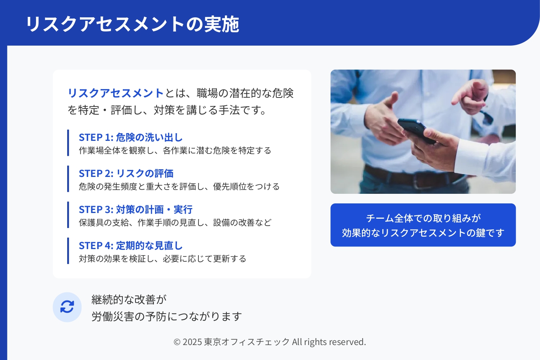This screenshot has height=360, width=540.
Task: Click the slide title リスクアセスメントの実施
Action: [x=132, y=24]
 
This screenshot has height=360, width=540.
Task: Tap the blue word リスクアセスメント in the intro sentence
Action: [x=116, y=93]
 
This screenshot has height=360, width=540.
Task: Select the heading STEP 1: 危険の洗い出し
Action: [x=130, y=137]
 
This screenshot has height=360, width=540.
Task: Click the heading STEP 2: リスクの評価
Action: [x=126, y=173]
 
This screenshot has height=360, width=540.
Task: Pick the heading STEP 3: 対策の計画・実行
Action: [x=135, y=209]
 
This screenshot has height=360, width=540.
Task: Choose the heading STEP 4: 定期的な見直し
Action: [x=130, y=246]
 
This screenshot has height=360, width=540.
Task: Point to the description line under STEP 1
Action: [x=175, y=150]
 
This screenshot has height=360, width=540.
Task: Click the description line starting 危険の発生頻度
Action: [x=179, y=187]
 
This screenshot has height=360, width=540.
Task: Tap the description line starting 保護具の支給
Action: [x=175, y=223]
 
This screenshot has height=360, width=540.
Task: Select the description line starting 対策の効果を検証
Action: [x=162, y=259]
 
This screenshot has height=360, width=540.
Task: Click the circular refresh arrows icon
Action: [x=67, y=307]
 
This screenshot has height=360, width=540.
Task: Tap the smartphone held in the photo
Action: [x=416, y=130]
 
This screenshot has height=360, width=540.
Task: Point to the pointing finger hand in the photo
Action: [x=470, y=96]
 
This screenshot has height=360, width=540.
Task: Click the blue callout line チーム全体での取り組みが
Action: [x=423, y=218]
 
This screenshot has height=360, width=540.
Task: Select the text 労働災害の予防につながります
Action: [x=167, y=316]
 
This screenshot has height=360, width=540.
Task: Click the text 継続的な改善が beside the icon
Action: [x=129, y=299]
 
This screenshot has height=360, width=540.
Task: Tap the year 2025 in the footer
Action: [x=192, y=342]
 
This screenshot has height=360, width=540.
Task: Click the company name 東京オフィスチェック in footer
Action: [x=247, y=342]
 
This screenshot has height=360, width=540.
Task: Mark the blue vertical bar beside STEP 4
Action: [x=68, y=251]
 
